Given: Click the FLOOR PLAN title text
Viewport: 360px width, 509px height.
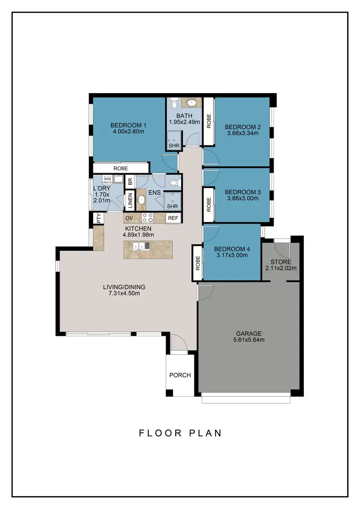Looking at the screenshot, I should [x=180, y=433].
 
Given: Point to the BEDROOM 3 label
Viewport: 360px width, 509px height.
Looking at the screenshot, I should [x=243, y=192].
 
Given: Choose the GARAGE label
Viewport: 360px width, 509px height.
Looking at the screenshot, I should [x=248, y=333].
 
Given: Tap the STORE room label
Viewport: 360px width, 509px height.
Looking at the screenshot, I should [x=281, y=262].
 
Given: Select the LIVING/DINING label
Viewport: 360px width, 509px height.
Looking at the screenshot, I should [x=124, y=287].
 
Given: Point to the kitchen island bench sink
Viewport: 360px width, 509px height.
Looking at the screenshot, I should [x=143, y=246].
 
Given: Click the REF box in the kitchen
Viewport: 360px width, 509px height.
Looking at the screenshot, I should [x=172, y=218].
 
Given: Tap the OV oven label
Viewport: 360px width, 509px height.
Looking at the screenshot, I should [x=129, y=218].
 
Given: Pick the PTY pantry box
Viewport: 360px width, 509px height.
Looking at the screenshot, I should [x=99, y=218].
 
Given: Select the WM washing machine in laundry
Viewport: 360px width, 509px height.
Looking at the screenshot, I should [x=107, y=179].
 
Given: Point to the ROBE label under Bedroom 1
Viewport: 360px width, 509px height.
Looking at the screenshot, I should [x=121, y=168].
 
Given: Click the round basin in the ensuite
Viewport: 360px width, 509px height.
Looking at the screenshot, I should [x=142, y=200].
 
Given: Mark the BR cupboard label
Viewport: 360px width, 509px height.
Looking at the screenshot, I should [x=129, y=182].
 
